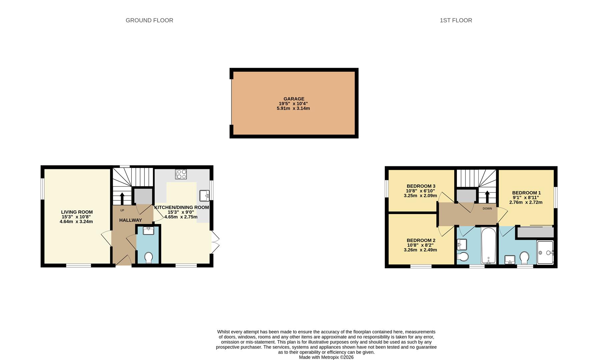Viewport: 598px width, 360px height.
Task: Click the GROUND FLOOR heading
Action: tap(149, 20)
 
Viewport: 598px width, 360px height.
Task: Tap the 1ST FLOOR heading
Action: tap(456, 20)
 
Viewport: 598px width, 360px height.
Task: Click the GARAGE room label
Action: tap(293, 99)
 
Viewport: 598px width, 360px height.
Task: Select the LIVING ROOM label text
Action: tap(77, 212)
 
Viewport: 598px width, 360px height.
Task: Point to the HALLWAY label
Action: tap(130, 220)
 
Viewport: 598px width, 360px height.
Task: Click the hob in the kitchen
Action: tap(181, 174)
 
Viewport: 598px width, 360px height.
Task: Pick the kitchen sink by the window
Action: tap(204, 195)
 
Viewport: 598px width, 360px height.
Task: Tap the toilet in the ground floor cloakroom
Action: tap(148, 257)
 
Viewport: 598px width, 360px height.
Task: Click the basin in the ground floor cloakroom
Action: tap(148, 231)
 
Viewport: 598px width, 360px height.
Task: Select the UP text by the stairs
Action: tap(122, 210)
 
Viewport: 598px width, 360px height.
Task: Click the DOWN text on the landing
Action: tap(487, 209)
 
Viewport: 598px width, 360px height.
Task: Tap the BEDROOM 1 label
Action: tap(526, 193)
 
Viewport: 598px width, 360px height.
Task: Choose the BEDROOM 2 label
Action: tap(421, 240)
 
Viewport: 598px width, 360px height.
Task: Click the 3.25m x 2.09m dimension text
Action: tap(420, 196)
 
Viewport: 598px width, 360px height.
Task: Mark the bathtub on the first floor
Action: tap(489, 246)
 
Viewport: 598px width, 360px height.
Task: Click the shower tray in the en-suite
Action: tap(545, 252)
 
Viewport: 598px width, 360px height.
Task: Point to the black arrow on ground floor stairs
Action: tap(122, 198)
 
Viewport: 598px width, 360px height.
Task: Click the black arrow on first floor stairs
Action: tap(487, 196)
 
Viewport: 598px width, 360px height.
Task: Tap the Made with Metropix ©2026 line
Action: tap(326, 357)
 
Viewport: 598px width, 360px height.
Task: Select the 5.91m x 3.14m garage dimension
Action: tap(293, 108)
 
